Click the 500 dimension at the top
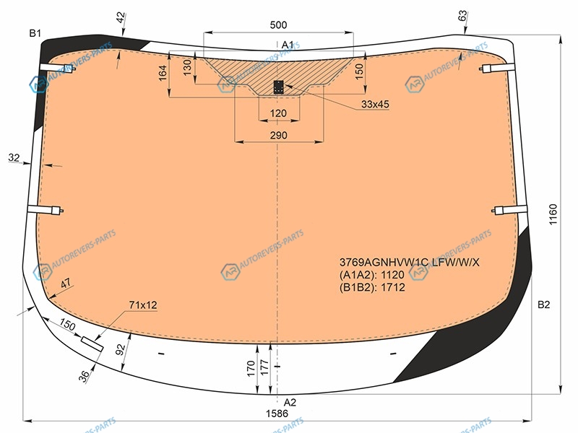tap(278, 25)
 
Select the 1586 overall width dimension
tap(277, 414)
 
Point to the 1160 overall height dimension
tap(553, 214)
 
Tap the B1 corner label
tap(35, 33)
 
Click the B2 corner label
tap(543, 305)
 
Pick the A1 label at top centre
tap(288, 45)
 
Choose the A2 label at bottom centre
tap(290, 402)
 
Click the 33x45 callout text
tap(375, 104)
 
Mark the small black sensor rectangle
tap(278, 87)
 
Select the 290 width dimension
tap(278, 135)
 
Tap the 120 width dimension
tap(278, 113)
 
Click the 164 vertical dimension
tap(163, 73)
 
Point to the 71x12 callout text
tap(143, 305)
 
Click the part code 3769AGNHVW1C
tap(384, 262)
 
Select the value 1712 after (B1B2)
tap(393, 287)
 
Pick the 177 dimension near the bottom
tap(264, 368)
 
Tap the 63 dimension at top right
tap(462, 16)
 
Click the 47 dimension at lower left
tap(66, 284)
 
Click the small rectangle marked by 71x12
tap(92, 344)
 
